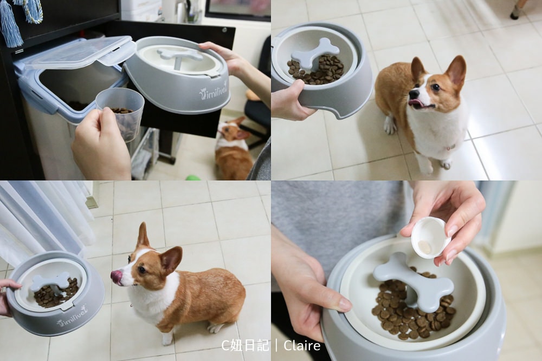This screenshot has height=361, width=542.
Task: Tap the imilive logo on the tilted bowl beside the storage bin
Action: pos(213,91)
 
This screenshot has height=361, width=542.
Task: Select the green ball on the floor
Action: pos(193,178)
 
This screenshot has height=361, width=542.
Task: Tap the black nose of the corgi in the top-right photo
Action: pos(412,93)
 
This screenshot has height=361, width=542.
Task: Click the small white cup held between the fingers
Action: pos(430,237)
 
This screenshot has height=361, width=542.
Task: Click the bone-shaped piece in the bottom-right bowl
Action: pos(414,280)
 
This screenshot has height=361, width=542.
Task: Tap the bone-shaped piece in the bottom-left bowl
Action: pos(50,281)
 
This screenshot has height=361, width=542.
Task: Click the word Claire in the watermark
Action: pos(302,345)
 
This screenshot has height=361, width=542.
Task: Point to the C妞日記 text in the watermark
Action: pos(245,345)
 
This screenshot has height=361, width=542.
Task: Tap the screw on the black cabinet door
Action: pos(224,30)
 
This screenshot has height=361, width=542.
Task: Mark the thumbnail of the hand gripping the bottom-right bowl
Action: pos(344,305)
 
